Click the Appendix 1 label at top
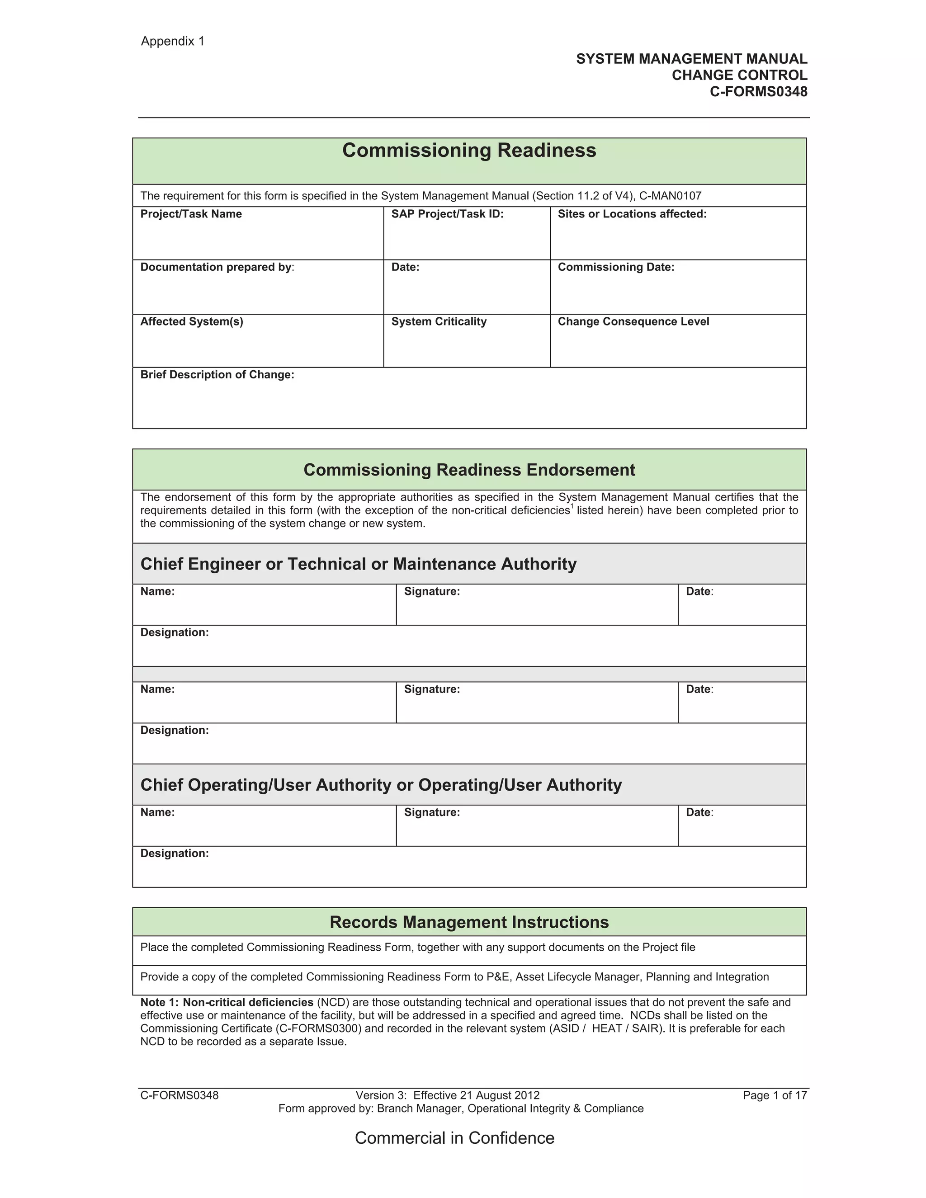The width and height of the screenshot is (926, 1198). pyautogui.click(x=172, y=41)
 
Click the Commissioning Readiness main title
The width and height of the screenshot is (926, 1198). pyautogui.click(x=469, y=150)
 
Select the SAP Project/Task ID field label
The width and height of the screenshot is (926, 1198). pyautogui.click(x=447, y=214)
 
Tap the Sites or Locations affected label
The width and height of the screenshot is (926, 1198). pyautogui.click(x=632, y=214)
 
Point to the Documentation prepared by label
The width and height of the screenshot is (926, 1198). pyautogui.click(x=217, y=267)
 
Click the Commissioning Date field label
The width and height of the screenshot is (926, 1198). pyautogui.click(x=615, y=267)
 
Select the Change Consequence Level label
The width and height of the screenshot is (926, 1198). pyautogui.click(x=633, y=321)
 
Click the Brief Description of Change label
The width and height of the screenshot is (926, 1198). pyautogui.click(x=217, y=375)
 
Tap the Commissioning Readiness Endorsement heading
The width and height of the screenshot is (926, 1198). pyautogui.click(x=469, y=470)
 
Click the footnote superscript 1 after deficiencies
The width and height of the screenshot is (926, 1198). pyautogui.click(x=572, y=506)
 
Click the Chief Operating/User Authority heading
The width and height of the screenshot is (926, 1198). pyautogui.click(x=381, y=785)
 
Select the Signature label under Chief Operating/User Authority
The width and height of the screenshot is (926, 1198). pyautogui.click(x=432, y=812)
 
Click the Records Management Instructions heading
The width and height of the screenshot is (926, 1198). pyautogui.click(x=469, y=922)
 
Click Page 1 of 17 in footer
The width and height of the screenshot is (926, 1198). pyautogui.click(x=775, y=1095)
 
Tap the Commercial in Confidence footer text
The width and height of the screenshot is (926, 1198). pyautogui.click(x=454, y=1138)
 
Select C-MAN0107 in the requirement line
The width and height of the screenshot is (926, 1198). pyautogui.click(x=671, y=196)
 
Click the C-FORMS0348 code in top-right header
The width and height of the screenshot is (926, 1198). pyautogui.click(x=758, y=92)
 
